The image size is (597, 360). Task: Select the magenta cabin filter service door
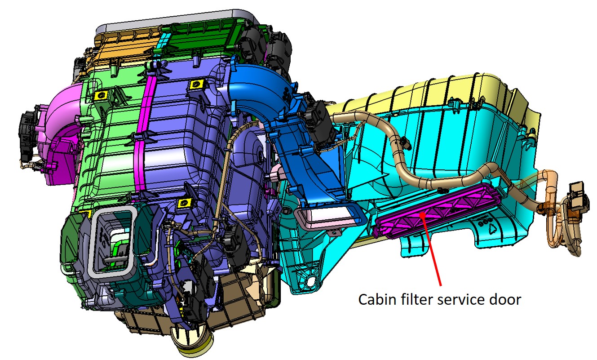coord(437,211)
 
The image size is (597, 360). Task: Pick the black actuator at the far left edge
coord(27,135)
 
